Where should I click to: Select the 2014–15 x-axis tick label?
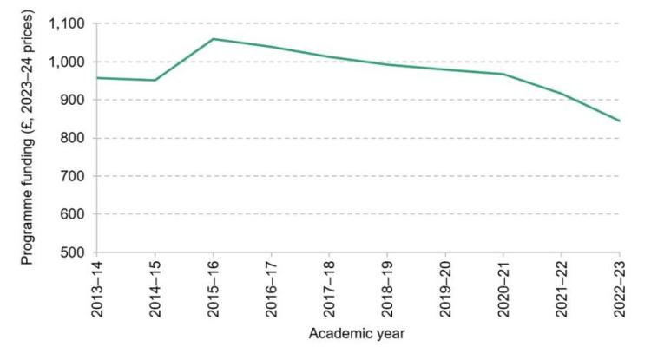click(153, 287)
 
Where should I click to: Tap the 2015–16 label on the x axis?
click(214, 287)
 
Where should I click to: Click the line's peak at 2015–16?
click(214, 39)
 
